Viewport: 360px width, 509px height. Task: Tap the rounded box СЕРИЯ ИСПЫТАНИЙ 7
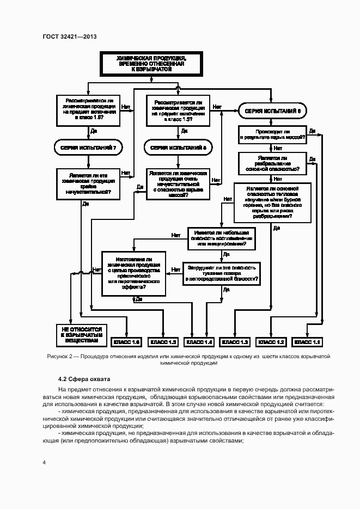click(86, 148)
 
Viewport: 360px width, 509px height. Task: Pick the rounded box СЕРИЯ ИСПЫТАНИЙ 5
click(178, 148)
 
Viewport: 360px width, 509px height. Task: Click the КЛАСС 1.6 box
click(126, 342)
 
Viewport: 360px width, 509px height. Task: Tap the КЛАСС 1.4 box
click(199, 342)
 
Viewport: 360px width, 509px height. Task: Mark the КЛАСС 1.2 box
click(272, 342)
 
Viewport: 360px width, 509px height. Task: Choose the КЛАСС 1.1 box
click(308, 342)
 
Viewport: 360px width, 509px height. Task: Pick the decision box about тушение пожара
click(222, 274)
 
